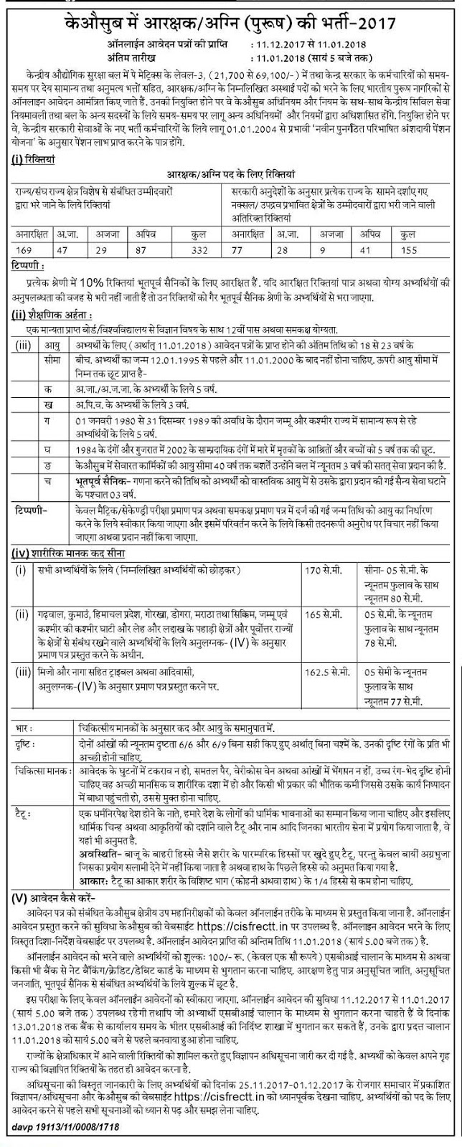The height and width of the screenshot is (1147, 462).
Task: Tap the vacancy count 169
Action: (27, 239)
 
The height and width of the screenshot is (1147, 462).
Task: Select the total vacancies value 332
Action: (193, 239)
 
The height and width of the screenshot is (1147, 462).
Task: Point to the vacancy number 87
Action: (148, 239)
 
